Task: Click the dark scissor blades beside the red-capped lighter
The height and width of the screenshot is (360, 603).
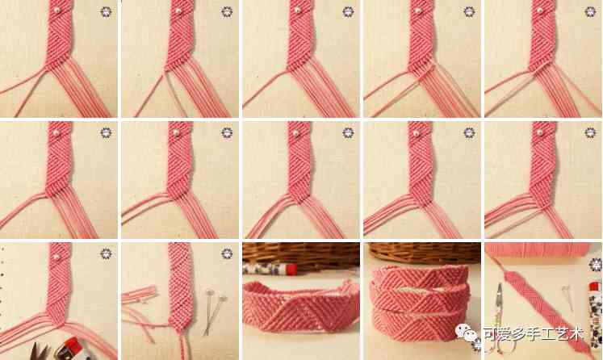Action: click(x=40, y=352)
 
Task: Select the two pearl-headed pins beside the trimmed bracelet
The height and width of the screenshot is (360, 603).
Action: click(x=214, y=311)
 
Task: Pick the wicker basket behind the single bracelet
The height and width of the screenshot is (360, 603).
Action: click(x=301, y=257)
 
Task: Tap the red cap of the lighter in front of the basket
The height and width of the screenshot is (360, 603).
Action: click(x=292, y=269)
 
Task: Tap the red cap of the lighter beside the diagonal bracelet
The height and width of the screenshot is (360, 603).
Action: click(x=594, y=287)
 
